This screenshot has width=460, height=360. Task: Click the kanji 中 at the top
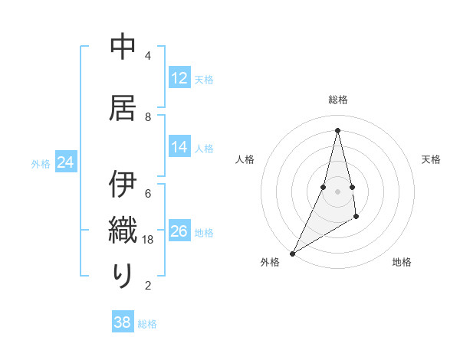click(x=123, y=47)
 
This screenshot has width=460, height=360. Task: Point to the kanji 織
click(x=123, y=231)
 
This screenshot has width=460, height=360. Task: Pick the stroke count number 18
click(x=149, y=239)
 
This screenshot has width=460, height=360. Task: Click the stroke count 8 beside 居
click(x=148, y=116)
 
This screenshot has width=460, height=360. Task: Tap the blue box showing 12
click(x=179, y=78)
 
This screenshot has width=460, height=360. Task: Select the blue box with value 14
click(x=179, y=147)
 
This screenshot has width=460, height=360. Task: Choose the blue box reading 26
click(x=179, y=231)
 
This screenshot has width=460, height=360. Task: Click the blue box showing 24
click(x=66, y=162)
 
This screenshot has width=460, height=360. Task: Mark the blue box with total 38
click(x=123, y=322)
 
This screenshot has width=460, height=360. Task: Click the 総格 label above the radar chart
click(x=337, y=100)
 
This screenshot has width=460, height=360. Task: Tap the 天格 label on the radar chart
click(x=431, y=159)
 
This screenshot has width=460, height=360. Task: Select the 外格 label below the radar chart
click(x=270, y=262)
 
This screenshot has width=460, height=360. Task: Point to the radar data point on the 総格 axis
click(x=337, y=129)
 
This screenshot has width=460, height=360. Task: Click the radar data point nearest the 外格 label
click(x=292, y=253)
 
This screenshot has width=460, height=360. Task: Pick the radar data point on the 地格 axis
click(x=356, y=218)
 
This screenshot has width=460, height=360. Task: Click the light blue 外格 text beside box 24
click(x=41, y=163)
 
